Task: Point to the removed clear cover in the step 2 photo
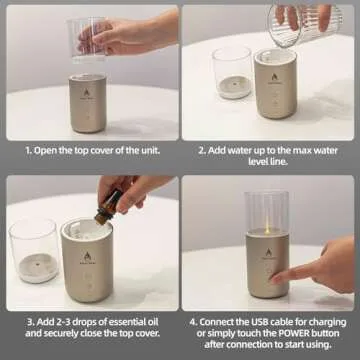232,73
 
